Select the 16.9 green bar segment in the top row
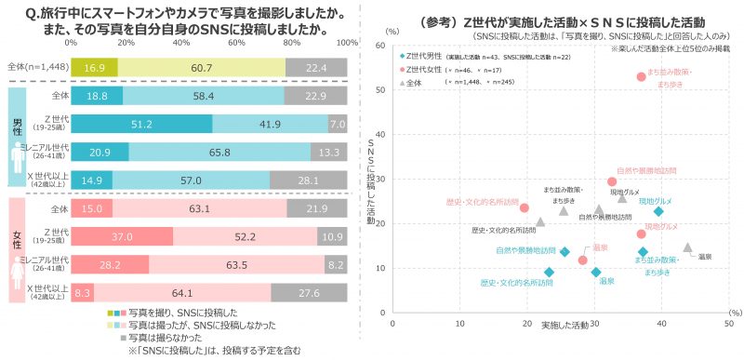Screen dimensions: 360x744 click(94, 67)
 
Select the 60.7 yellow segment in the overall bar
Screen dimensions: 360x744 click(201, 67)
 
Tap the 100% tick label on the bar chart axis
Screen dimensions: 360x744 click(347, 43)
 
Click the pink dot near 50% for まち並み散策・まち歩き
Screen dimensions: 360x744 click(641, 77)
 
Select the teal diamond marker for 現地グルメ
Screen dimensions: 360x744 click(658, 211)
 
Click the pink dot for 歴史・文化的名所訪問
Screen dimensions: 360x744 click(525, 208)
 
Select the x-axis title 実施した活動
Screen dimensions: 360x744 click(564, 325)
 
